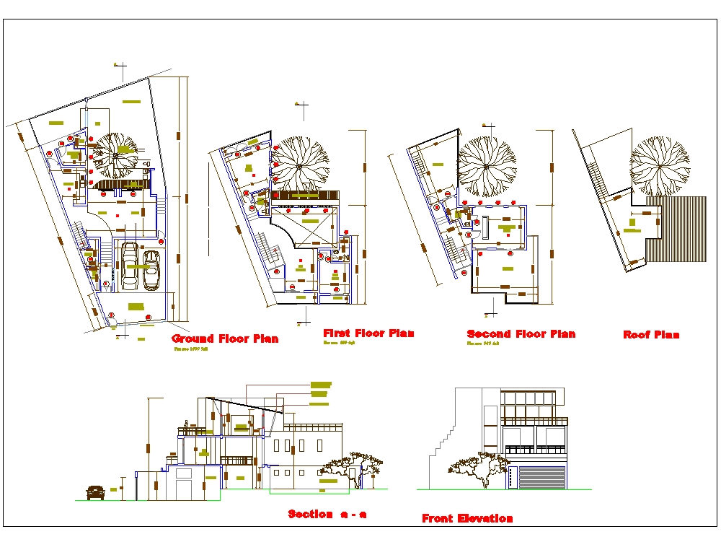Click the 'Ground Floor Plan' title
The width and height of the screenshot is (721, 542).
point(225,338)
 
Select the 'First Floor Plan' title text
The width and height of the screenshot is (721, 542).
point(368,333)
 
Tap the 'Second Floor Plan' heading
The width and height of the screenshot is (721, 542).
point(521,334)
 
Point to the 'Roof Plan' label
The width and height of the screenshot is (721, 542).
point(651,335)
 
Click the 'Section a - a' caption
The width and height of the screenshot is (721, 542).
point(327,515)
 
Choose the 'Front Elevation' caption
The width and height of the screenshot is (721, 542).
point(467,518)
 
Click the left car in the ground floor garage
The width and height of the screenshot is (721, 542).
point(130,265)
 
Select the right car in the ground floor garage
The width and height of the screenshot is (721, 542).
point(151,269)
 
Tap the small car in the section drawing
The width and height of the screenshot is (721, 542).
point(95,492)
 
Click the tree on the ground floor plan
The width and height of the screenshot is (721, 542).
point(115,154)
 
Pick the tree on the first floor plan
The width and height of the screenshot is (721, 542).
point(299,163)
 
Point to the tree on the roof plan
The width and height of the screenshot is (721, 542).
point(660,165)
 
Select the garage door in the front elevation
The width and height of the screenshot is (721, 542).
point(542,477)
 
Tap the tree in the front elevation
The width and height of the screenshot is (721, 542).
point(476,465)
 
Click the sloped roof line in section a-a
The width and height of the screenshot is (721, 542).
point(245,404)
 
